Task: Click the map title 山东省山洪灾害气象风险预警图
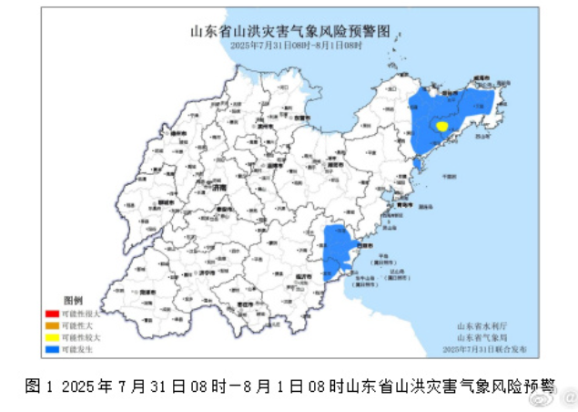pyautogui.click(x=289, y=31)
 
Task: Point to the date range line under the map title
pyautogui.click(x=289, y=44)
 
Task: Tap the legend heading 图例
pyautogui.click(x=74, y=300)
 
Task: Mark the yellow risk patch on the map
pyautogui.click(x=441, y=127)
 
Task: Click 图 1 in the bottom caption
pyautogui.click(x=37, y=386)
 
